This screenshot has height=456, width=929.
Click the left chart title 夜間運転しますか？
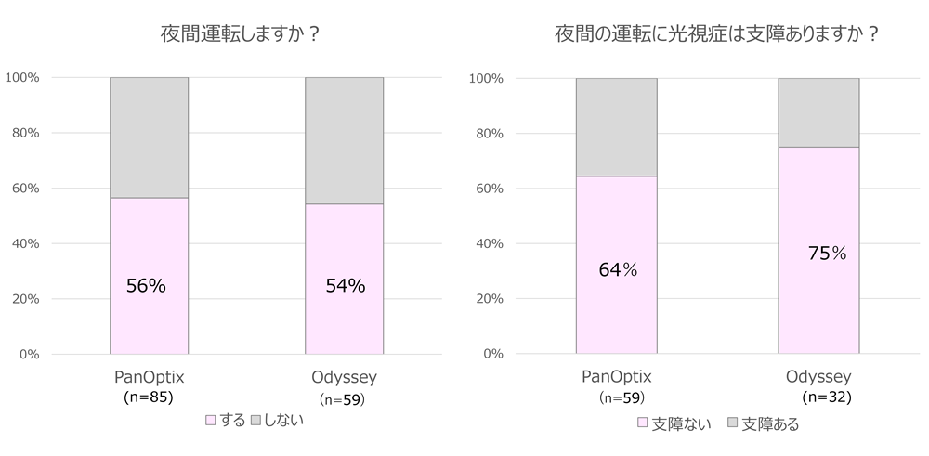241,33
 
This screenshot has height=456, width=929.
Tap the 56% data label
146,286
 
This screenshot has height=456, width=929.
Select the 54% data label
345,286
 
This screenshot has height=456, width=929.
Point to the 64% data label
616,270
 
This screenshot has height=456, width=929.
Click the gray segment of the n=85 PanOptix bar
149,137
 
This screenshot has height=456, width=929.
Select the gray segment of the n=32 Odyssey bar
818,112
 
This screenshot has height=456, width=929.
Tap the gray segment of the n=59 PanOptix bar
616,127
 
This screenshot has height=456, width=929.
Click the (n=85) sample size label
149,397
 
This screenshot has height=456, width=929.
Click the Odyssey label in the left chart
345,377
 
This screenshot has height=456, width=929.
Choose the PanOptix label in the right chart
616,377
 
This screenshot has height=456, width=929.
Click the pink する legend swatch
210,421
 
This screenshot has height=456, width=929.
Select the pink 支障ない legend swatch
641,423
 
